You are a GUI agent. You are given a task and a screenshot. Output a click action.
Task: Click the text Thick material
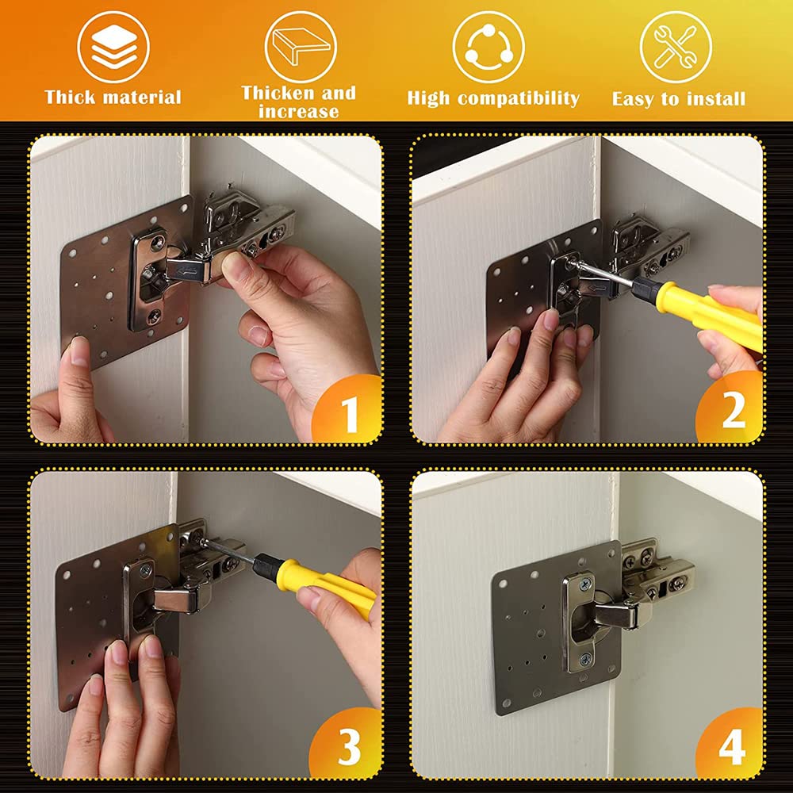click(113, 98)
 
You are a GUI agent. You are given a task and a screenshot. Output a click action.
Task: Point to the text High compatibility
click(493, 98)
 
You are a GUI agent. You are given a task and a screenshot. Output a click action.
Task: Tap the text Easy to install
click(679, 99)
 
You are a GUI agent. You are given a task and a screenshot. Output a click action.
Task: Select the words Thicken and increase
click(299, 102)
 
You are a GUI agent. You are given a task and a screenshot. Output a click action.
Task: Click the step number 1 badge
click(349, 412)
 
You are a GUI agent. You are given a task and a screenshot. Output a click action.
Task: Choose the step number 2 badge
click(731, 412)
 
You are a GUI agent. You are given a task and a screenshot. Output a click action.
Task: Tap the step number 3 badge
click(349, 745)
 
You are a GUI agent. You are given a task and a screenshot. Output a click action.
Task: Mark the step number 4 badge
click(731, 745)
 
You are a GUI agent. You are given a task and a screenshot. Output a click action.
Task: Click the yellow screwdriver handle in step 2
click(714, 316)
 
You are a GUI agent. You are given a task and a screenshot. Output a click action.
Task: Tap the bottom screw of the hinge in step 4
click(585, 658)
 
